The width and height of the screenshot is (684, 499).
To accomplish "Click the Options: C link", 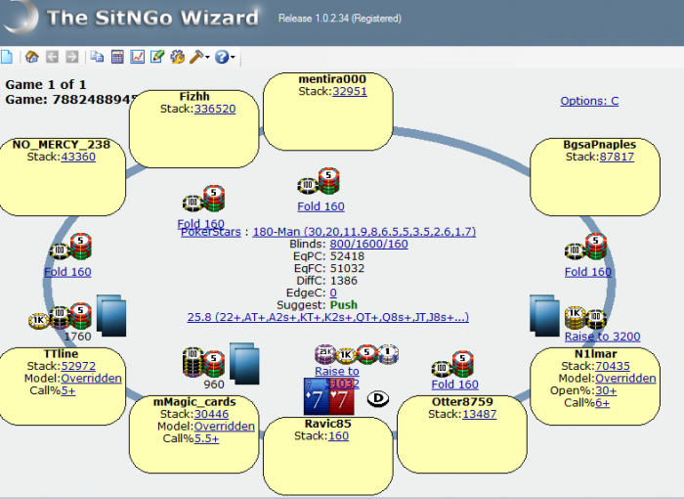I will pos(589,101).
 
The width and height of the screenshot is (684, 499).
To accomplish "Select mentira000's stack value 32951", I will pos(349,91).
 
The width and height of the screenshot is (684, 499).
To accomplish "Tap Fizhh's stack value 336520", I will pos(215,109).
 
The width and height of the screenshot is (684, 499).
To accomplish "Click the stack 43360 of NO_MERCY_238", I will pos(78,156).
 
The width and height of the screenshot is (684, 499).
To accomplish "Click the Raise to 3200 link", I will pos(602,337).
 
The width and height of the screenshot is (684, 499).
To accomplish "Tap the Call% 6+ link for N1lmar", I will pos(602,402).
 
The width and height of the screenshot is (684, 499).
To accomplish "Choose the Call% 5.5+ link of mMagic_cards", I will pos(205,438).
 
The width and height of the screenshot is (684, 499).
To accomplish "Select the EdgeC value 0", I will pos(333,293).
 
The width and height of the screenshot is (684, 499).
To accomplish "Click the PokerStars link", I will pos(213,232).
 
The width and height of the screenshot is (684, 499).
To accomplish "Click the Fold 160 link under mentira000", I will pos(321,206).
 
